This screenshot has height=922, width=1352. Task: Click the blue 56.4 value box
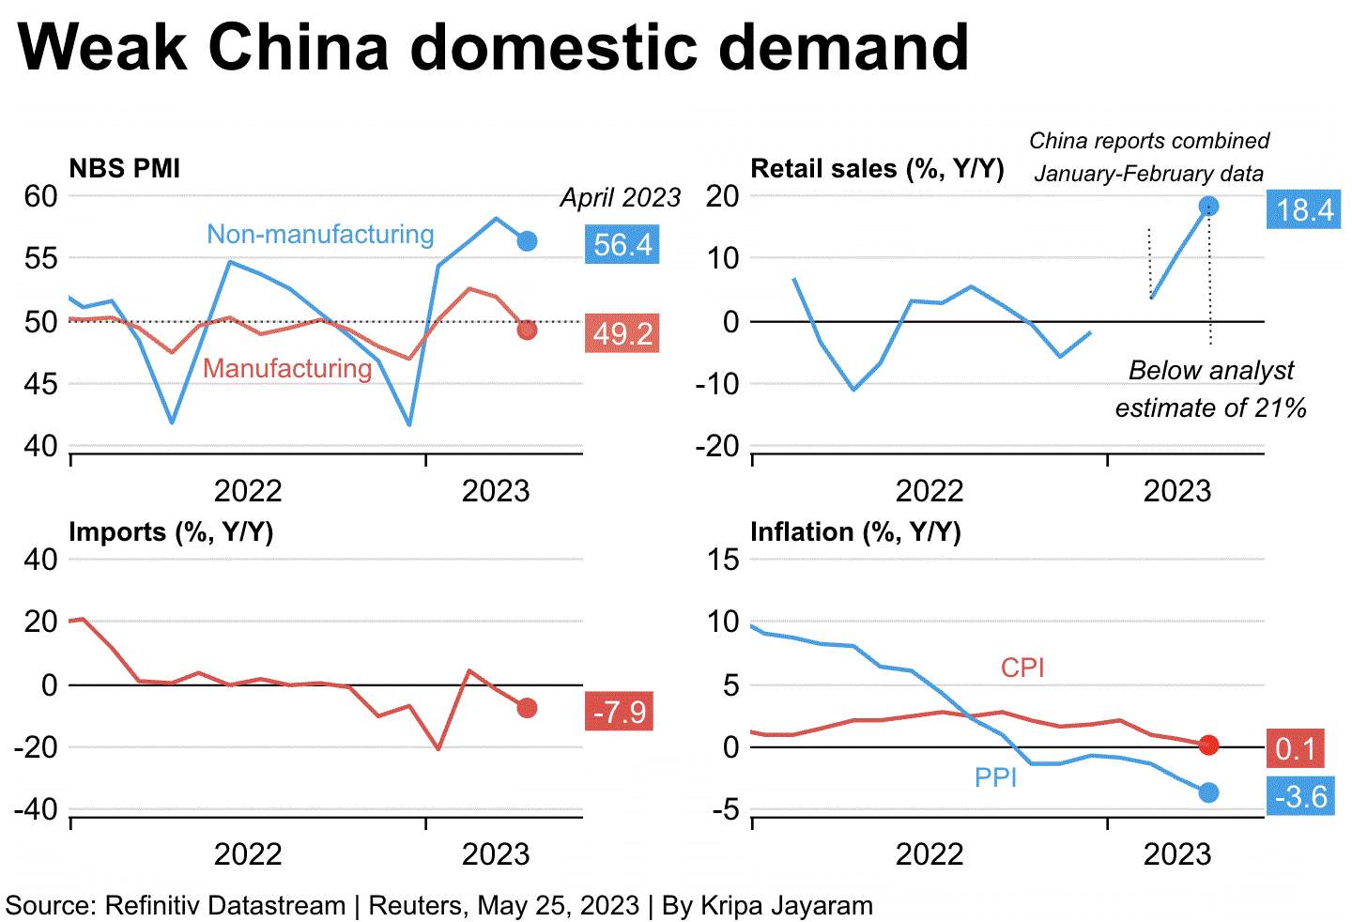(x=622, y=244)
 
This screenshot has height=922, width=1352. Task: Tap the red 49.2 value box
(x=622, y=333)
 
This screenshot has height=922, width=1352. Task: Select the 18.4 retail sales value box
(x=1304, y=208)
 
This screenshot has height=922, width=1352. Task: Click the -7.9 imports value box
(x=620, y=711)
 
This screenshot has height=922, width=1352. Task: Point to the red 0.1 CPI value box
(x=1296, y=748)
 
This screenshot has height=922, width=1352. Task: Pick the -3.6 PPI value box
(x=1300, y=795)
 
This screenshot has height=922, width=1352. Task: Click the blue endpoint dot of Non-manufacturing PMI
(x=527, y=240)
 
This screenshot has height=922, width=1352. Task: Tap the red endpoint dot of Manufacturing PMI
(x=527, y=330)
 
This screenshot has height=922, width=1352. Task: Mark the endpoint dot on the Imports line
(x=527, y=708)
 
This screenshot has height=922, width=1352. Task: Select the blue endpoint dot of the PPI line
(x=1208, y=792)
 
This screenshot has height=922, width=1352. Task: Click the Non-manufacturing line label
(x=320, y=234)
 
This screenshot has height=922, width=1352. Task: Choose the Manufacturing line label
(x=287, y=368)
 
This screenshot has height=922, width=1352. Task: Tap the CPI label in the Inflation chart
(x=1022, y=668)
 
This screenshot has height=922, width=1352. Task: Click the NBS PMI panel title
(x=124, y=168)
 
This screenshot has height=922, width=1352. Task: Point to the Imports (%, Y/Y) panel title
(x=171, y=532)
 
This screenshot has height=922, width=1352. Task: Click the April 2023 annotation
(x=621, y=197)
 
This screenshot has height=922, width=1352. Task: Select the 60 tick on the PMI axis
(x=41, y=196)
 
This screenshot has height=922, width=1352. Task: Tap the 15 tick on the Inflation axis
(x=723, y=560)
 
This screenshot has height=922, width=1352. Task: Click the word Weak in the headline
(x=102, y=47)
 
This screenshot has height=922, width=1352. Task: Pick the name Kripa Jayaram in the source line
(x=787, y=906)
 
